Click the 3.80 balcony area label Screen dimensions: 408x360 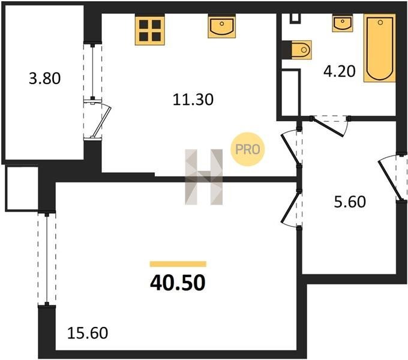tap(45, 78)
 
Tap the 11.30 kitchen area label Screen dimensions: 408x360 tap(193, 100)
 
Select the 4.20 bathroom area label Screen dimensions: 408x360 tap(340, 71)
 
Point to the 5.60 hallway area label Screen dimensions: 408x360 tap(350, 202)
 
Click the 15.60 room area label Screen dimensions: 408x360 tap(88, 333)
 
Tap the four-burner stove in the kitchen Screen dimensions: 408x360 tap(150, 30)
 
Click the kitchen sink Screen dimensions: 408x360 tap(221, 26)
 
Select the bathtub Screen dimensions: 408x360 tap(380, 48)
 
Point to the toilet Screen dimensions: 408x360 tap(301, 50)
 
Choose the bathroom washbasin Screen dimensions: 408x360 tap(343, 23)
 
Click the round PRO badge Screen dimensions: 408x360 tap(247, 149)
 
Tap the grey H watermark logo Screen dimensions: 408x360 tap(204, 177)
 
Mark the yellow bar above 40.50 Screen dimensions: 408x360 tap(178, 264)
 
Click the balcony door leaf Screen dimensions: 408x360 tap(102, 122)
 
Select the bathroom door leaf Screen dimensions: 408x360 tap(328, 127)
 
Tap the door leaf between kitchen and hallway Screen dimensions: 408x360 tap(290, 149)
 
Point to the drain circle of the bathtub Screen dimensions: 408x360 tap(380, 22)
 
